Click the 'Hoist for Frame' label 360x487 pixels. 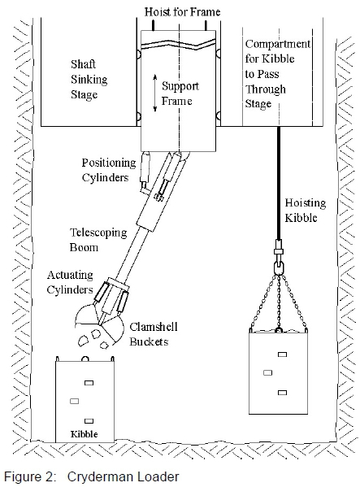(183, 12)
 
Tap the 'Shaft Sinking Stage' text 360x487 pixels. (89, 79)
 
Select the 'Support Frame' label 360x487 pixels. (180, 93)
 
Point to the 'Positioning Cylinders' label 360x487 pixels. (109, 170)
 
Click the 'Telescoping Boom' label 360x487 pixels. (98, 240)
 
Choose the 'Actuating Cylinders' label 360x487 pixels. (70, 282)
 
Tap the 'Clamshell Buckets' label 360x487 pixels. (154, 334)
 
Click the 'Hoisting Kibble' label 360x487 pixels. (306, 211)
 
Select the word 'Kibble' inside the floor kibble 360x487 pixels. (84, 434)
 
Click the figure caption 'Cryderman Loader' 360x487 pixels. (124, 476)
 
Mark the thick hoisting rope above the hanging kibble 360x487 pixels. (279, 183)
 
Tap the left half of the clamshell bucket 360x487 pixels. (86, 317)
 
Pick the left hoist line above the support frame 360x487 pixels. (153, 25)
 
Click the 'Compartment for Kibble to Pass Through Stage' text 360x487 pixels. (277, 74)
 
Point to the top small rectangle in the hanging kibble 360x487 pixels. (282, 354)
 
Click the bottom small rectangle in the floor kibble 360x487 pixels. (89, 421)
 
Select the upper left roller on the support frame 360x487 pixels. (138, 54)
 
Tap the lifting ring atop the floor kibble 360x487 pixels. (85, 359)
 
